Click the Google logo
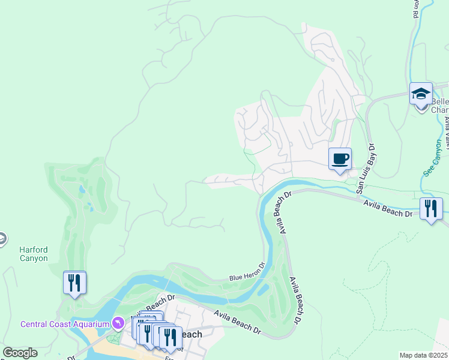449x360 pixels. click(19, 353)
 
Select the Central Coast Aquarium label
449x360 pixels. click(65, 324)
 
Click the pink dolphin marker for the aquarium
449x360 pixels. click(119, 324)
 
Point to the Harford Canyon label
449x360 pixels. click(33, 254)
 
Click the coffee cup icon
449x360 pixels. click(340, 159)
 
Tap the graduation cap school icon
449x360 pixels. click(421, 94)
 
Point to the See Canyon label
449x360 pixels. click(432, 157)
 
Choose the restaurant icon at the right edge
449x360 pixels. click(431, 209)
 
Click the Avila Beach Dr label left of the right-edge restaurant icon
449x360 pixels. click(387, 209)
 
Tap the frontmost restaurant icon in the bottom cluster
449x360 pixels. click(170, 337)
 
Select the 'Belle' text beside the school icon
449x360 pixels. click(439, 101)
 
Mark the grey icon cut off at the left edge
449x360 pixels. click(2, 239)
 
